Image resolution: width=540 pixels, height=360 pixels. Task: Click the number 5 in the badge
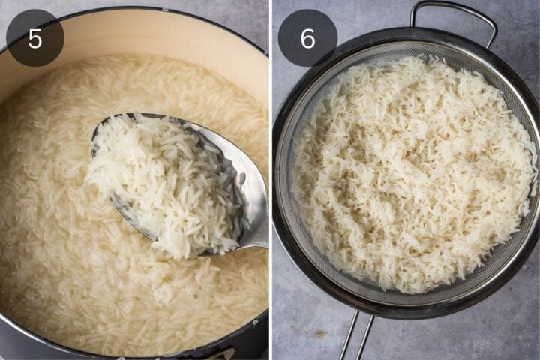34,38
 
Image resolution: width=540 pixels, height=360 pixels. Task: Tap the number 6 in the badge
307,38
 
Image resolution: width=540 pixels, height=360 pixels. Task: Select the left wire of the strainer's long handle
349,336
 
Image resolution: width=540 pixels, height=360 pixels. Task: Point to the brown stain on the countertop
320,334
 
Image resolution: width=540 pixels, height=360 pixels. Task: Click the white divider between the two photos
271,180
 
